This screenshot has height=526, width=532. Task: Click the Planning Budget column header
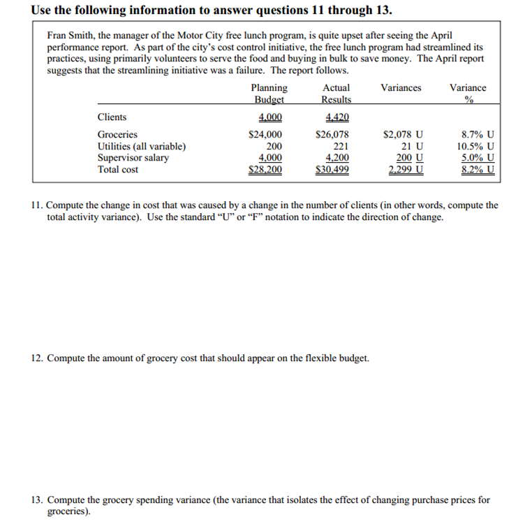[x=269, y=94]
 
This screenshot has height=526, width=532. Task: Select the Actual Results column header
[x=336, y=94]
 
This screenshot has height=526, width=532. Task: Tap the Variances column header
[x=401, y=88]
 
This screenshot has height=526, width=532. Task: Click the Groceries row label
[x=117, y=135]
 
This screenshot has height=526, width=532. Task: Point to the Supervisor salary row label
[x=133, y=158]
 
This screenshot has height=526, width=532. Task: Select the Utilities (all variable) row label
[x=141, y=147]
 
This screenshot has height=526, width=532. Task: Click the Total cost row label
[x=118, y=170]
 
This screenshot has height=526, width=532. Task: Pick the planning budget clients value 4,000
[x=270, y=117]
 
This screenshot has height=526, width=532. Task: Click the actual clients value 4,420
[x=337, y=117]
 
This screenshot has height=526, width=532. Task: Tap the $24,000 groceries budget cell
[x=266, y=135]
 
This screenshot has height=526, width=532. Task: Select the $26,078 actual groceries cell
[x=332, y=135]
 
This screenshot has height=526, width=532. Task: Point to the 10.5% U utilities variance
[x=475, y=147]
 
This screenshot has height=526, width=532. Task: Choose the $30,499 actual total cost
[x=332, y=170]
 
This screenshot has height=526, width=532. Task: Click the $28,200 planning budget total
[x=266, y=170]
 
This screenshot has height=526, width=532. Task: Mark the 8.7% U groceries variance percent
[x=478, y=135]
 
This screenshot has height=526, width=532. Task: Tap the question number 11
[x=37, y=205]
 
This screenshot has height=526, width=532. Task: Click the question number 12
[x=37, y=358]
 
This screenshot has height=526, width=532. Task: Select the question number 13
[x=37, y=500]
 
